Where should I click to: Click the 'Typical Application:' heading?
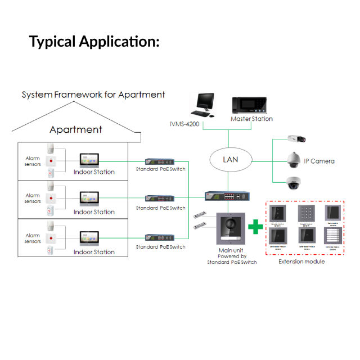click(x=94, y=41)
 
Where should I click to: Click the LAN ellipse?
click(x=230, y=160)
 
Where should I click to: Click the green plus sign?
click(x=256, y=227)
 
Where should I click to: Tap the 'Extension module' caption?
click(x=302, y=262)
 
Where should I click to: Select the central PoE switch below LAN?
click(x=228, y=196)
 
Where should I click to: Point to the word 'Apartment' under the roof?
click(x=76, y=129)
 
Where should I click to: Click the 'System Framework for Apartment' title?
click(x=93, y=94)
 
